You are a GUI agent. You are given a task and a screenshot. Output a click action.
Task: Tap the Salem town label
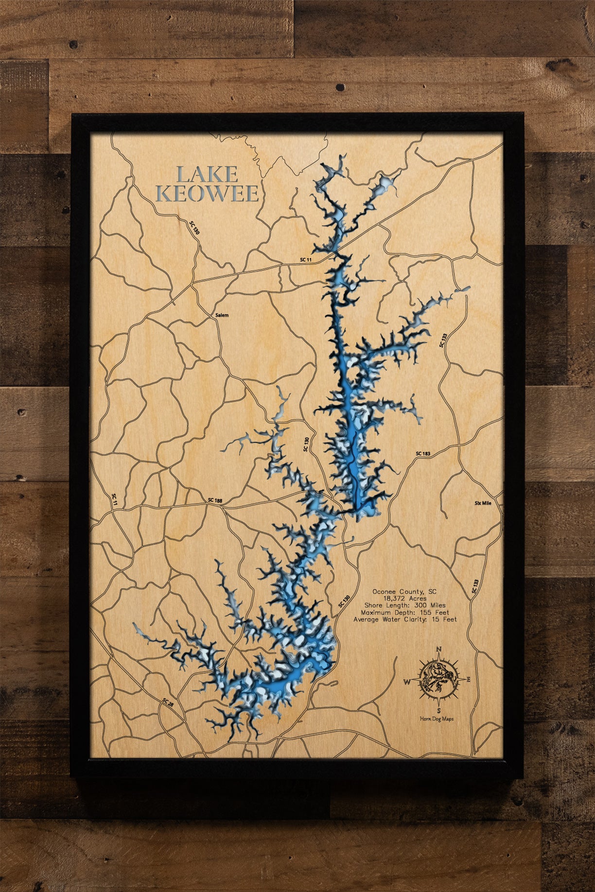pos(222,315)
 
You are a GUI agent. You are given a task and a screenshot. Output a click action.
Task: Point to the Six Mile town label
pos(483,503)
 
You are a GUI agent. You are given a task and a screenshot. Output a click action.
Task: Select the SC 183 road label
pos(423,454)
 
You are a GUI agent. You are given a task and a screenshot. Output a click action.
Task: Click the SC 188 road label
pos(215,500)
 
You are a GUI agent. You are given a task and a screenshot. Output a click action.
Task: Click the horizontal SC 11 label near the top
pos(306,260)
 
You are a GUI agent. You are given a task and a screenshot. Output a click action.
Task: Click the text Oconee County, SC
pos(404,592)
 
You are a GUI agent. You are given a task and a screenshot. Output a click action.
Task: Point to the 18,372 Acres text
pos(404,599)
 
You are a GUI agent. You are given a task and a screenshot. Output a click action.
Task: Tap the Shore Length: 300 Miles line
pos(404,605)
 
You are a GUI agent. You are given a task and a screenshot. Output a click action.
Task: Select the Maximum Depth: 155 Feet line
pos(404,612)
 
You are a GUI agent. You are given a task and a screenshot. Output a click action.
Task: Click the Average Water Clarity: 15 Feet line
pos(404,619)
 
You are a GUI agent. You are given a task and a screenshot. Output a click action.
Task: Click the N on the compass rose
pos(439,649)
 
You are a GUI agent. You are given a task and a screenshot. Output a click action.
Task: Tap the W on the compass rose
pos(406,682)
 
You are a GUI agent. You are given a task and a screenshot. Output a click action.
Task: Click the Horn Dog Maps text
pos(437,719)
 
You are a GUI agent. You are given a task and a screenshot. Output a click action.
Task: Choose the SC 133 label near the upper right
pos(443,340)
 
